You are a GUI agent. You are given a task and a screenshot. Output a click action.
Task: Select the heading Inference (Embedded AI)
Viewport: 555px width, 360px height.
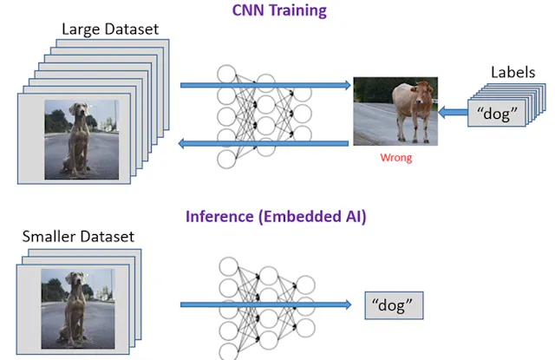(x=275, y=216)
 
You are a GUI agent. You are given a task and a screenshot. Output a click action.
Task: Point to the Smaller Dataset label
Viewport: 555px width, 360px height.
(x=78, y=236)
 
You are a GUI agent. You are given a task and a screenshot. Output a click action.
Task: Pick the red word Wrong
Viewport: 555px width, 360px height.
(x=395, y=158)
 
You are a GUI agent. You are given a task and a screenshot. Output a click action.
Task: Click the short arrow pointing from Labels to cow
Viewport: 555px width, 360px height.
(x=452, y=112)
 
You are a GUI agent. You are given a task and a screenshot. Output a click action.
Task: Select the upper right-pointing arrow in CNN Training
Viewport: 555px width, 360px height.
(x=264, y=85)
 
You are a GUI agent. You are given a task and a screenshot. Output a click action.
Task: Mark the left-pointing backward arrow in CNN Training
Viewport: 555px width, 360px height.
(x=264, y=141)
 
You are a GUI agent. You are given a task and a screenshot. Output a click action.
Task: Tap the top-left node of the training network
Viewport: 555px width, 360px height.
(x=227, y=74)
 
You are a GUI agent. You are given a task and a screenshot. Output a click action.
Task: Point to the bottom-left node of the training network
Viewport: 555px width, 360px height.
(x=227, y=159)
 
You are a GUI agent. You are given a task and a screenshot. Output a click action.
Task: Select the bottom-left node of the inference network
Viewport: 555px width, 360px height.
(x=227, y=350)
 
